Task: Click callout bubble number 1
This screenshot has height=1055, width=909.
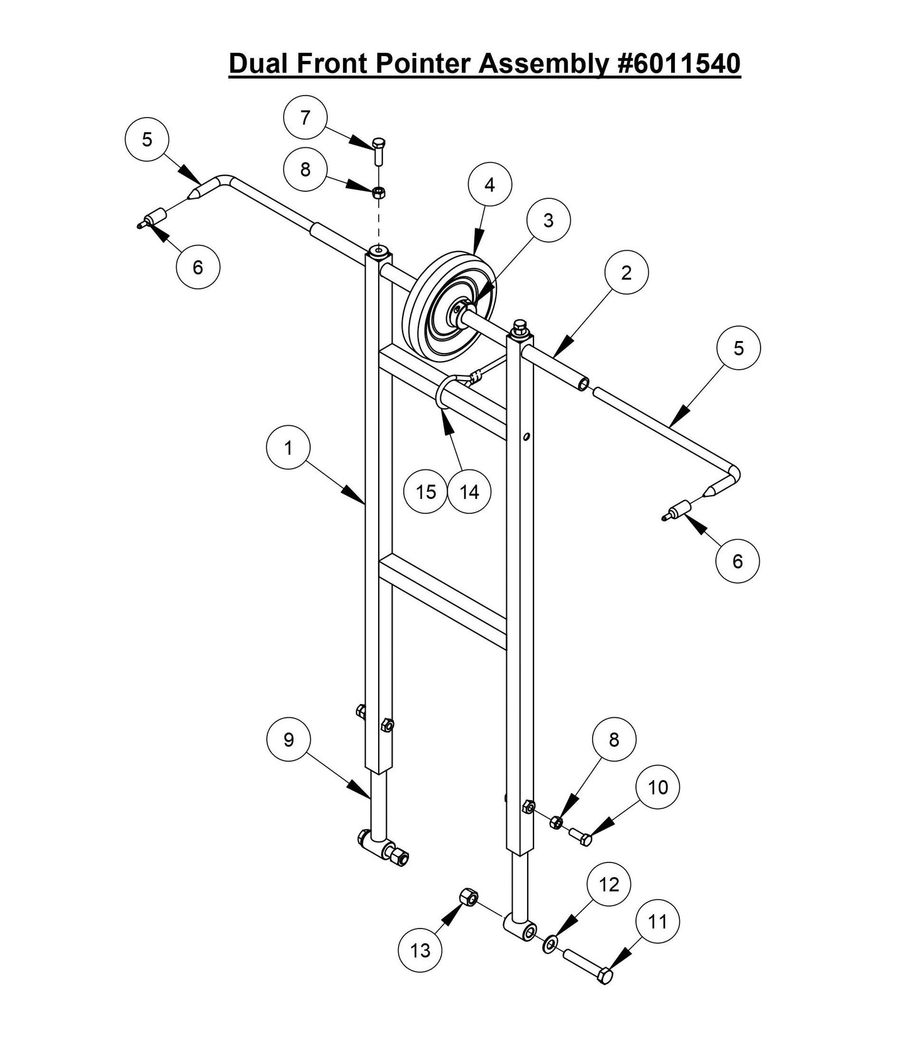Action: [289, 449]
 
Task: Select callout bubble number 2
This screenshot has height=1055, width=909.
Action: [626, 272]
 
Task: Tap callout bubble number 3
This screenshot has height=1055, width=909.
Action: [549, 221]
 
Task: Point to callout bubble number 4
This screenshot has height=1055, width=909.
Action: [490, 184]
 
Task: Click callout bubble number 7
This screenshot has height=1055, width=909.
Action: [306, 118]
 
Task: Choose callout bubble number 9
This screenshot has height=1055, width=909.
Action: [289, 740]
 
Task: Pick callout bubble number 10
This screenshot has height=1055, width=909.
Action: [657, 788]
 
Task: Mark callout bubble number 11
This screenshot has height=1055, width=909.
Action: [657, 922]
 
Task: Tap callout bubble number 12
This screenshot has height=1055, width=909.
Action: [609, 885]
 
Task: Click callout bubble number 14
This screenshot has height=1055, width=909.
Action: [469, 492]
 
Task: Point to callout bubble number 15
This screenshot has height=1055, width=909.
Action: [426, 492]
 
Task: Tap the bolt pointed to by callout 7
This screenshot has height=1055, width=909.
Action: [378, 151]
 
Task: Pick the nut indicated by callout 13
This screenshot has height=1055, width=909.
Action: [469, 896]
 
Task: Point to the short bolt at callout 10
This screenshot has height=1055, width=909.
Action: [580, 836]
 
